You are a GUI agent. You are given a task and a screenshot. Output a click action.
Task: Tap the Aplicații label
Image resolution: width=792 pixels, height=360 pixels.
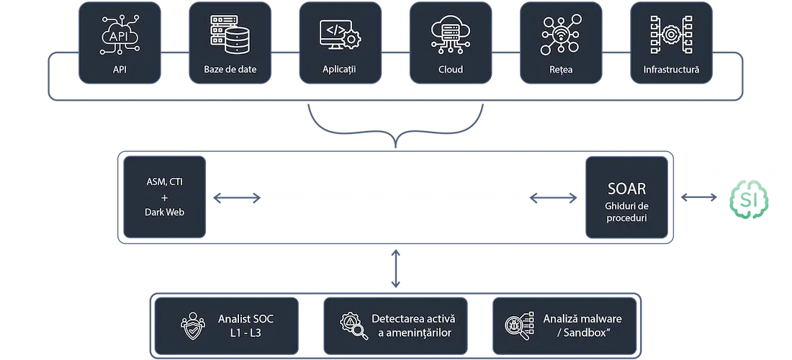pos(339,70)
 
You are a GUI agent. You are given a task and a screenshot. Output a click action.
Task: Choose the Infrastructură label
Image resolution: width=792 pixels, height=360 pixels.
pos(670,70)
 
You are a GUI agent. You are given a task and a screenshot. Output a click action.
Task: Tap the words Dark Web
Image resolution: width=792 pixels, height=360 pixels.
pos(165,212)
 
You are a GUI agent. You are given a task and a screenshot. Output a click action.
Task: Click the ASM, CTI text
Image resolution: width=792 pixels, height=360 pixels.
pos(165,181)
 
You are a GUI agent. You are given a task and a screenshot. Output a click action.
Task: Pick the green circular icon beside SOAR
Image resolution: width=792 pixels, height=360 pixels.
pos(750,197)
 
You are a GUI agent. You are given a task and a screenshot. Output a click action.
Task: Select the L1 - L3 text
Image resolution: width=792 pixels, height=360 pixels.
pos(246,333)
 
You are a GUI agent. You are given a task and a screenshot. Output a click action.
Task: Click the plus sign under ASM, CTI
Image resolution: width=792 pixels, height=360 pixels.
pos(165,197)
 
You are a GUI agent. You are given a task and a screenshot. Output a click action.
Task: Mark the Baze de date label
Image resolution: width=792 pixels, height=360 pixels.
pos(225,70)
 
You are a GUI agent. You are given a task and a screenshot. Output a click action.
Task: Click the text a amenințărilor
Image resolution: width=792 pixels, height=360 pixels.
pos(414,333)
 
